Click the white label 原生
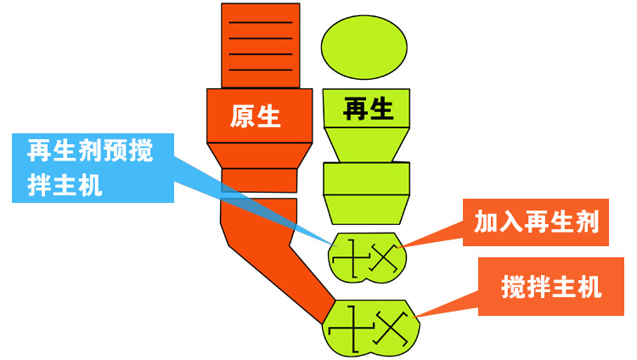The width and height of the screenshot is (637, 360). click(255, 115)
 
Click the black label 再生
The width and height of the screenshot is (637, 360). click(368, 109)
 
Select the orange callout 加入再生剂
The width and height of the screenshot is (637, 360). click(537, 222)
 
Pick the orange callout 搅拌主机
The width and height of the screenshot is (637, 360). click(551, 288)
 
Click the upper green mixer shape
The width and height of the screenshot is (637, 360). click(364, 256)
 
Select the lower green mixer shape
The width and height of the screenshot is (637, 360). click(371, 327)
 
